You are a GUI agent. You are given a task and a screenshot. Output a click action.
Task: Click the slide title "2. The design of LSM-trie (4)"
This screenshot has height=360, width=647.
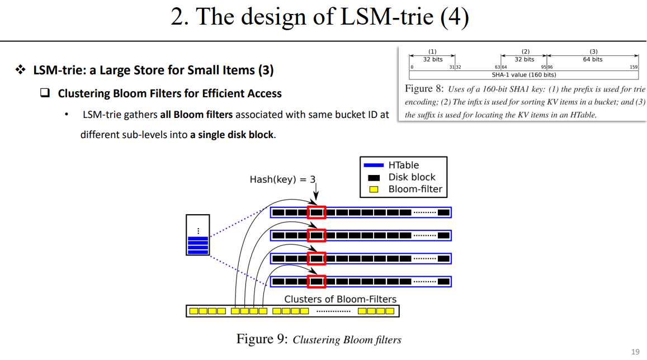319,17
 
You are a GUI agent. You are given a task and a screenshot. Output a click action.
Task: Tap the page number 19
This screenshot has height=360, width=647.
635,352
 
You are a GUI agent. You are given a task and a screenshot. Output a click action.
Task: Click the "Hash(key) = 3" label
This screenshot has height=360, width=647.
282,179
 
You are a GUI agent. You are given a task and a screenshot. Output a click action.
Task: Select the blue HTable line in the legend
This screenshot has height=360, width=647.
374,165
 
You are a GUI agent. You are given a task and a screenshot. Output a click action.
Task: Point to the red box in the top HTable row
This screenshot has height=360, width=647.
317,212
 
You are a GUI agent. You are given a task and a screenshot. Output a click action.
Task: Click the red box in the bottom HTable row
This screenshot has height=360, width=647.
317,281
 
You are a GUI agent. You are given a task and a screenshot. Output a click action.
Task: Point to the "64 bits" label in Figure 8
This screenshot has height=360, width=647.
593,59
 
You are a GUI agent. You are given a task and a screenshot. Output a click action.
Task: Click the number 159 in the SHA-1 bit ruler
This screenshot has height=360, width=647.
634,67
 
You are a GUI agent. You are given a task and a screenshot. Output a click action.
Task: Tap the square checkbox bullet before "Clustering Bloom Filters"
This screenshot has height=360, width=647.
45,93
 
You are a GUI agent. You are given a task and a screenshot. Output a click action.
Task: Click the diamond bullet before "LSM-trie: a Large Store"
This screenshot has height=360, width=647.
21,70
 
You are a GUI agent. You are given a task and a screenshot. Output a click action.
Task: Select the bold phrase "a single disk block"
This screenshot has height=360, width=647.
236,135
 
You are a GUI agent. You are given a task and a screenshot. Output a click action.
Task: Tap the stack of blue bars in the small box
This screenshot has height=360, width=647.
198,245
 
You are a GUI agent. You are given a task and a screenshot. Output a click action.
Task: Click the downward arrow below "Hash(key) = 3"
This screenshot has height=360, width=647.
316,196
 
